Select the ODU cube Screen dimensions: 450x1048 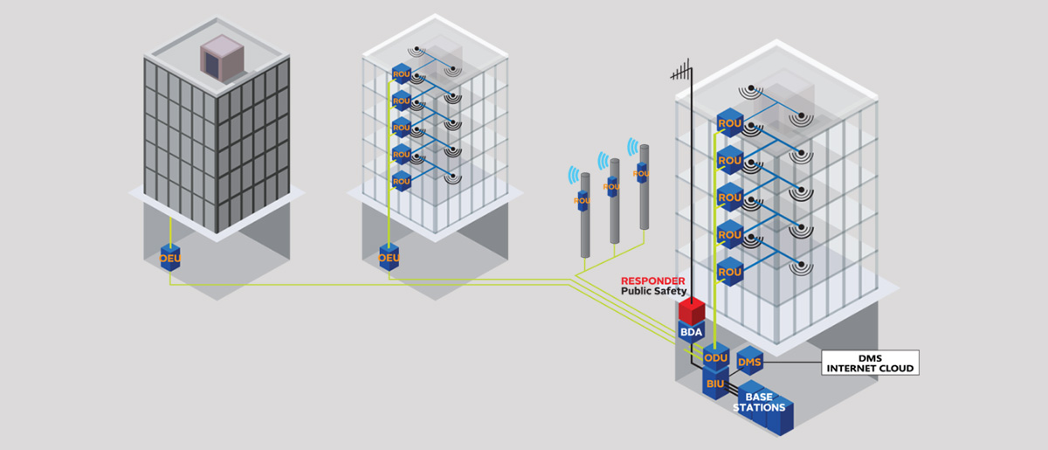coord(716,357)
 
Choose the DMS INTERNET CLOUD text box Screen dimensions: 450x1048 coord(870,363)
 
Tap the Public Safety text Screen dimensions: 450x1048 coord(654,291)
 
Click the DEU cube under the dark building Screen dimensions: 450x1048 coord(169,258)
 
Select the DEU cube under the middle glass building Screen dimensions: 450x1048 coord(389,258)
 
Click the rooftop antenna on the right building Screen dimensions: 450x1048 coord(686,73)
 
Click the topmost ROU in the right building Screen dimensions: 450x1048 coord(728,123)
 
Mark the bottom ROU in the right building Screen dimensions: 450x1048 coord(728,273)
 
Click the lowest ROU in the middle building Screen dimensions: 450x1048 coord(402,182)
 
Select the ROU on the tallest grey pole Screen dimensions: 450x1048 coord(642,172)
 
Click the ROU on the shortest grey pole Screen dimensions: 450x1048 coord(583,200)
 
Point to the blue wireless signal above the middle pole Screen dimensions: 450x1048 coord(603,160)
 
